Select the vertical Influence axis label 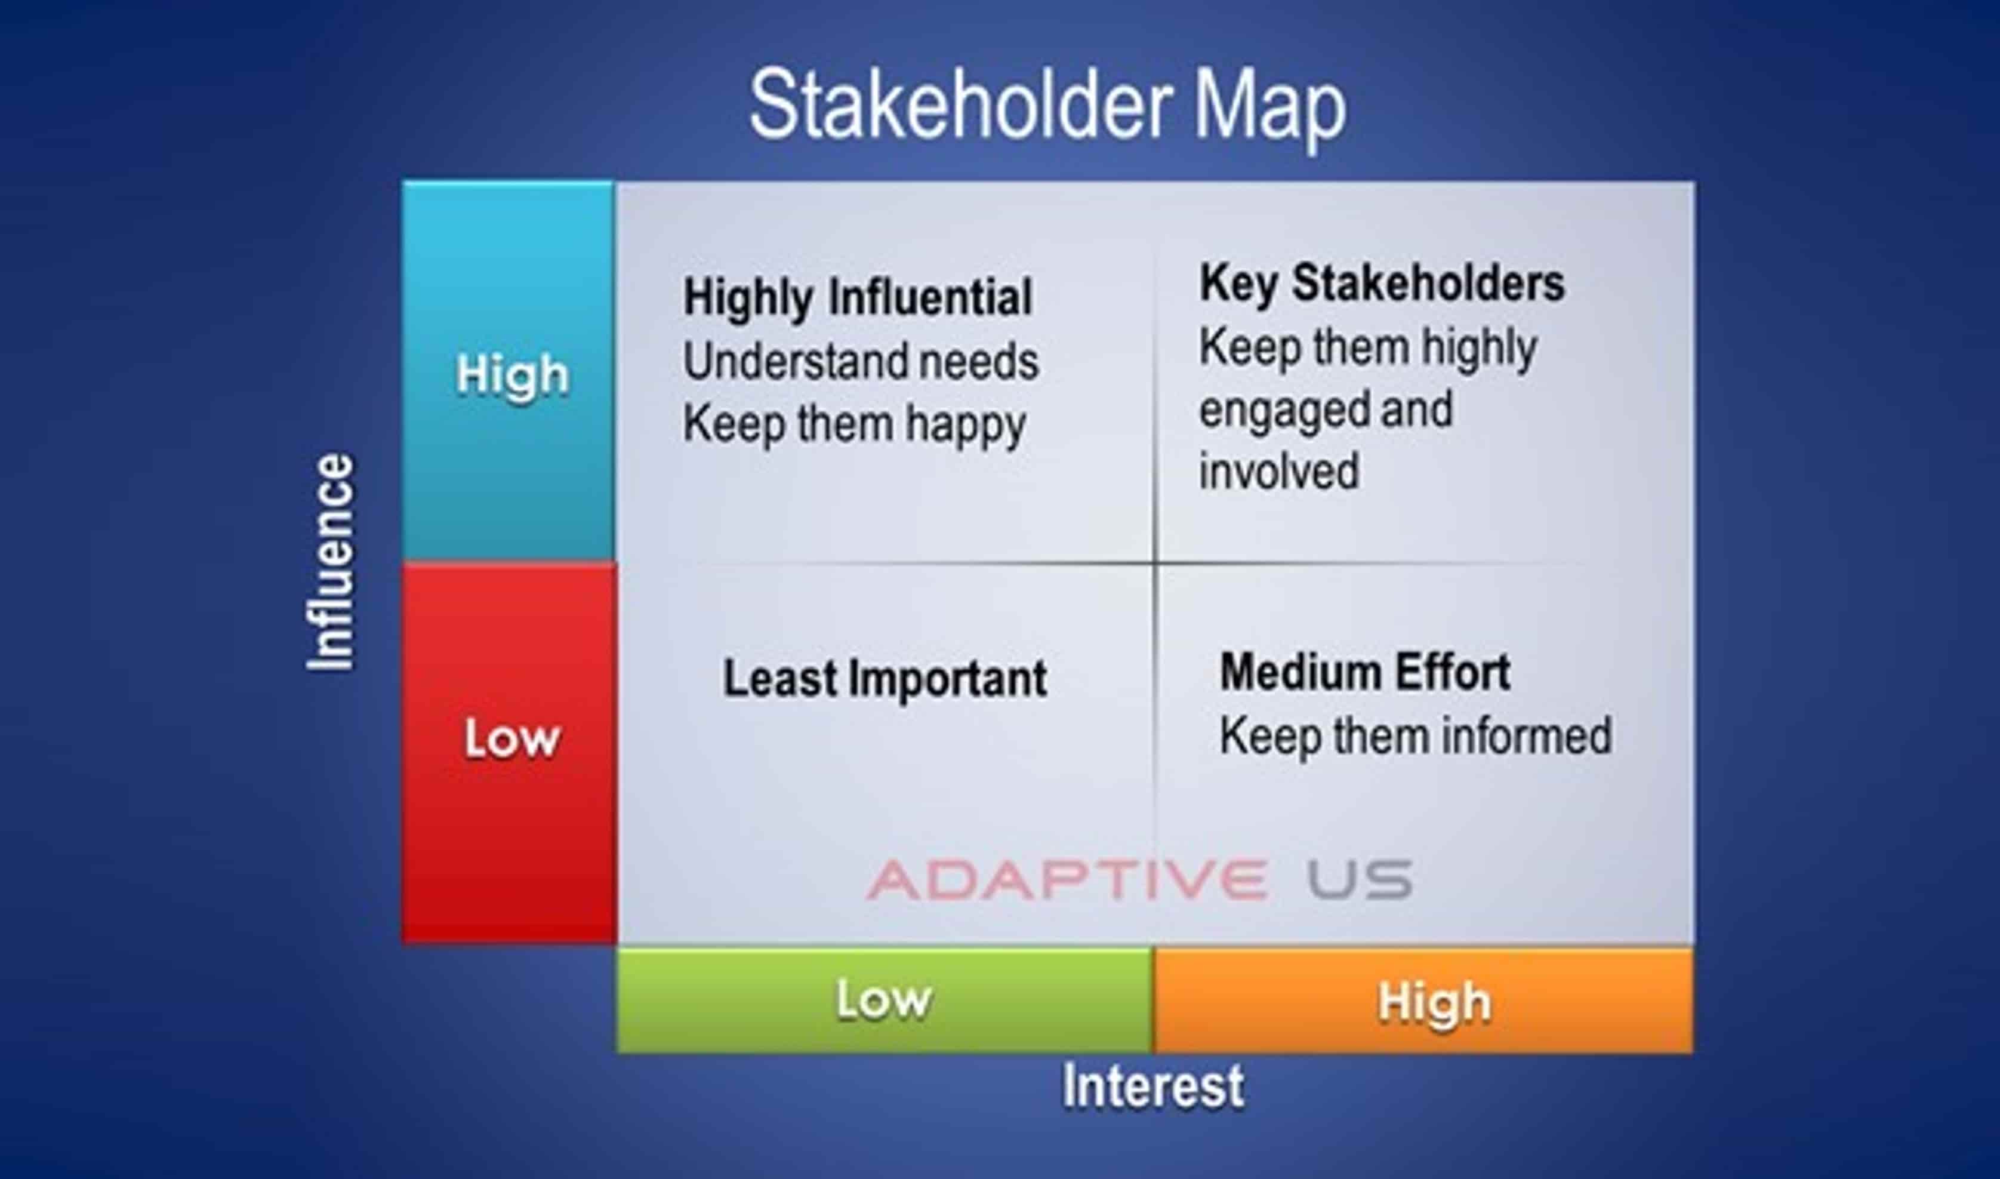click(x=331, y=562)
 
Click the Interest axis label click(x=1153, y=1086)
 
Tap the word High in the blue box click(x=512, y=375)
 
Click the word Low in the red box click(x=512, y=739)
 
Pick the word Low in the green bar click(x=883, y=999)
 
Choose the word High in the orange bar click(x=1434, y=1003)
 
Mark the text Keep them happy click(x=855, y=426)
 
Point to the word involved click(x=1279, y=471)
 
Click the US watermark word click(x=1359, y=879)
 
